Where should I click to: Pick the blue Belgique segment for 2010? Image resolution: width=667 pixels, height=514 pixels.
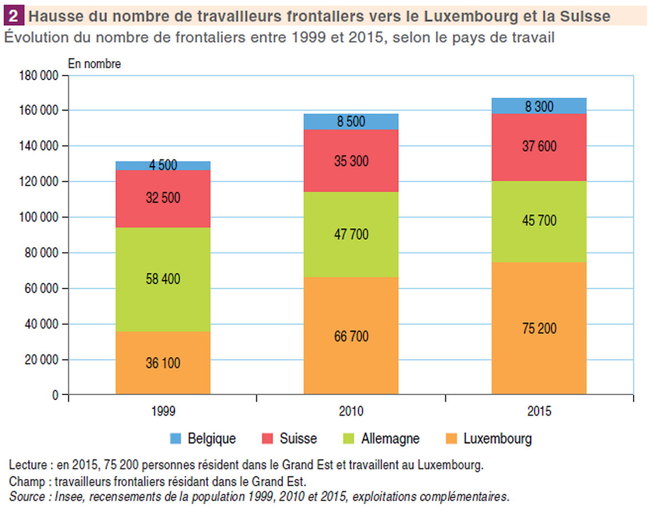click(x=351, y=122)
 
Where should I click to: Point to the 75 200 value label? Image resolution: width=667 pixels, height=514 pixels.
click(x=539, y=328)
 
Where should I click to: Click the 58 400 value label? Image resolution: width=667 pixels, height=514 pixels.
click(x=163, y=279)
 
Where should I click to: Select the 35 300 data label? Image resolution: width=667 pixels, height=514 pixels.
click(x=351, y=162)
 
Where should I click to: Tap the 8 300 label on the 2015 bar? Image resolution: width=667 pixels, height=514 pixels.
click(x=539, y=106)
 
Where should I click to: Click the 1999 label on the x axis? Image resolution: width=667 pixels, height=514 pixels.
click(x=163, y=412)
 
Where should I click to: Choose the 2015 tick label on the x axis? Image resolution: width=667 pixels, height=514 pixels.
click(x=539, y=412)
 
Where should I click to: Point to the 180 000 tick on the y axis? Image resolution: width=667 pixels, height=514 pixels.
click(x=39, y=76)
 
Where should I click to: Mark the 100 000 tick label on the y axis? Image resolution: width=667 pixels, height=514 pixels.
click(x=39, y=217)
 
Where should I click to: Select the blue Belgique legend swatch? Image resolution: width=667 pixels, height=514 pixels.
click(x=176, y=439)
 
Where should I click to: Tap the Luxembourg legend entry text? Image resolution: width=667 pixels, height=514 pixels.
click(x=497, y=439)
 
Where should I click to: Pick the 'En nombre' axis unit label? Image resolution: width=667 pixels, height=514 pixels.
click(x=94, y=63)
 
